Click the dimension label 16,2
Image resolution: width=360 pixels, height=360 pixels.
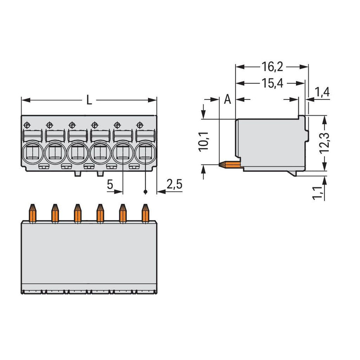(x=272, y=67)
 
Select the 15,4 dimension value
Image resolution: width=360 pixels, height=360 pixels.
(x=272, y=83)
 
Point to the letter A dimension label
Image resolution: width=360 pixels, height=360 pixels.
(x=227, y=99)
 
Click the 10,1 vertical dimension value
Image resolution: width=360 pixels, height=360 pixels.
(x=204, y=142)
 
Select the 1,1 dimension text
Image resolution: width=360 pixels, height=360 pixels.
(x=318, y=193)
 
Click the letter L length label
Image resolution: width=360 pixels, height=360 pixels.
(x=89, y=100)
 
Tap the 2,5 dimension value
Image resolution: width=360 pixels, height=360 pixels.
(x=174, y=184)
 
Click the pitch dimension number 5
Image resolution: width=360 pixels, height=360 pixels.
(x=110, y=184)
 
